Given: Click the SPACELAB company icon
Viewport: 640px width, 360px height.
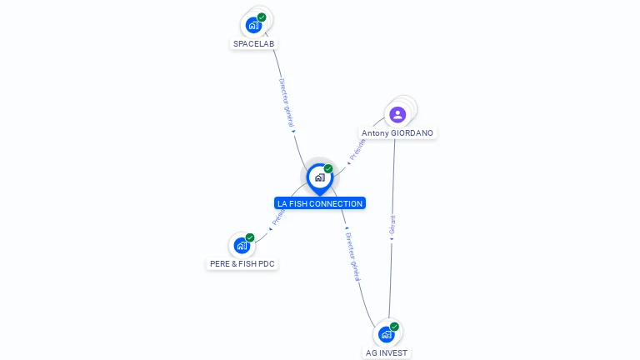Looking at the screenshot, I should pos(254,25).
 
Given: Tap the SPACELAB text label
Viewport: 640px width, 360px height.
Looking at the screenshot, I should pos(254,43).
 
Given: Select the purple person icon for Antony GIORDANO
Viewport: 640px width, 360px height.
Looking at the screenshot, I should pos(397,114).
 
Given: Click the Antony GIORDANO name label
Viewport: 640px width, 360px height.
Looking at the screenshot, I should pos(397,133).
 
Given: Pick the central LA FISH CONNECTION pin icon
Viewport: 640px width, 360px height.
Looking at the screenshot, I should pos(319,177).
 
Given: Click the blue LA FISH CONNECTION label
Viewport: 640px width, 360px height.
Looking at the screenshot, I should pos(320,203).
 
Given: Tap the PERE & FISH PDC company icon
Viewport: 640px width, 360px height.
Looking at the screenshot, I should pos(242,245).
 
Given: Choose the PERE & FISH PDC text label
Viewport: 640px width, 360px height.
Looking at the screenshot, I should pos(242,263).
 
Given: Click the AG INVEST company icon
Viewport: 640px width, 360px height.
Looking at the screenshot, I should pos(386,334).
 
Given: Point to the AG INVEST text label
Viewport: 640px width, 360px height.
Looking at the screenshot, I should pos(387,352).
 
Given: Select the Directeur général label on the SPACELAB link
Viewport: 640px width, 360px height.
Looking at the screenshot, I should pos(286,102).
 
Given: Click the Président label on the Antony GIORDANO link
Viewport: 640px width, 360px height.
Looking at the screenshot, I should pos(357,148).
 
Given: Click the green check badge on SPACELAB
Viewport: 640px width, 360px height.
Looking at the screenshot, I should pos(262,17).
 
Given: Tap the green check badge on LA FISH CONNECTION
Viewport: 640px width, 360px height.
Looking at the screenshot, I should pos(328,169).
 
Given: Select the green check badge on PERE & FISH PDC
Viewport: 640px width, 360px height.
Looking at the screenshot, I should pos(250,237).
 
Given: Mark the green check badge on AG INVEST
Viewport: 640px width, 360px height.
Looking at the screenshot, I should pos(394,327).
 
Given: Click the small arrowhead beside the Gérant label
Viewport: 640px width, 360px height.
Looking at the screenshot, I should pos(392,239).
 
